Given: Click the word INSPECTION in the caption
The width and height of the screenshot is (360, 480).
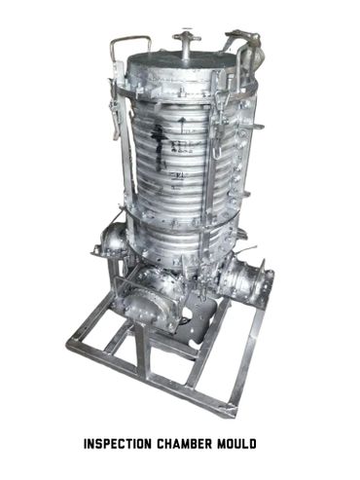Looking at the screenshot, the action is [118, 444].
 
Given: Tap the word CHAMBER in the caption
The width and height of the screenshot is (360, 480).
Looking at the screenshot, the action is [185, 444].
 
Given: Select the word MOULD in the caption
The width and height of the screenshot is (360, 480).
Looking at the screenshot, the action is [236, 444].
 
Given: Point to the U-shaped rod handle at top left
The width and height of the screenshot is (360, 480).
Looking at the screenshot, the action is [129, 40].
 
